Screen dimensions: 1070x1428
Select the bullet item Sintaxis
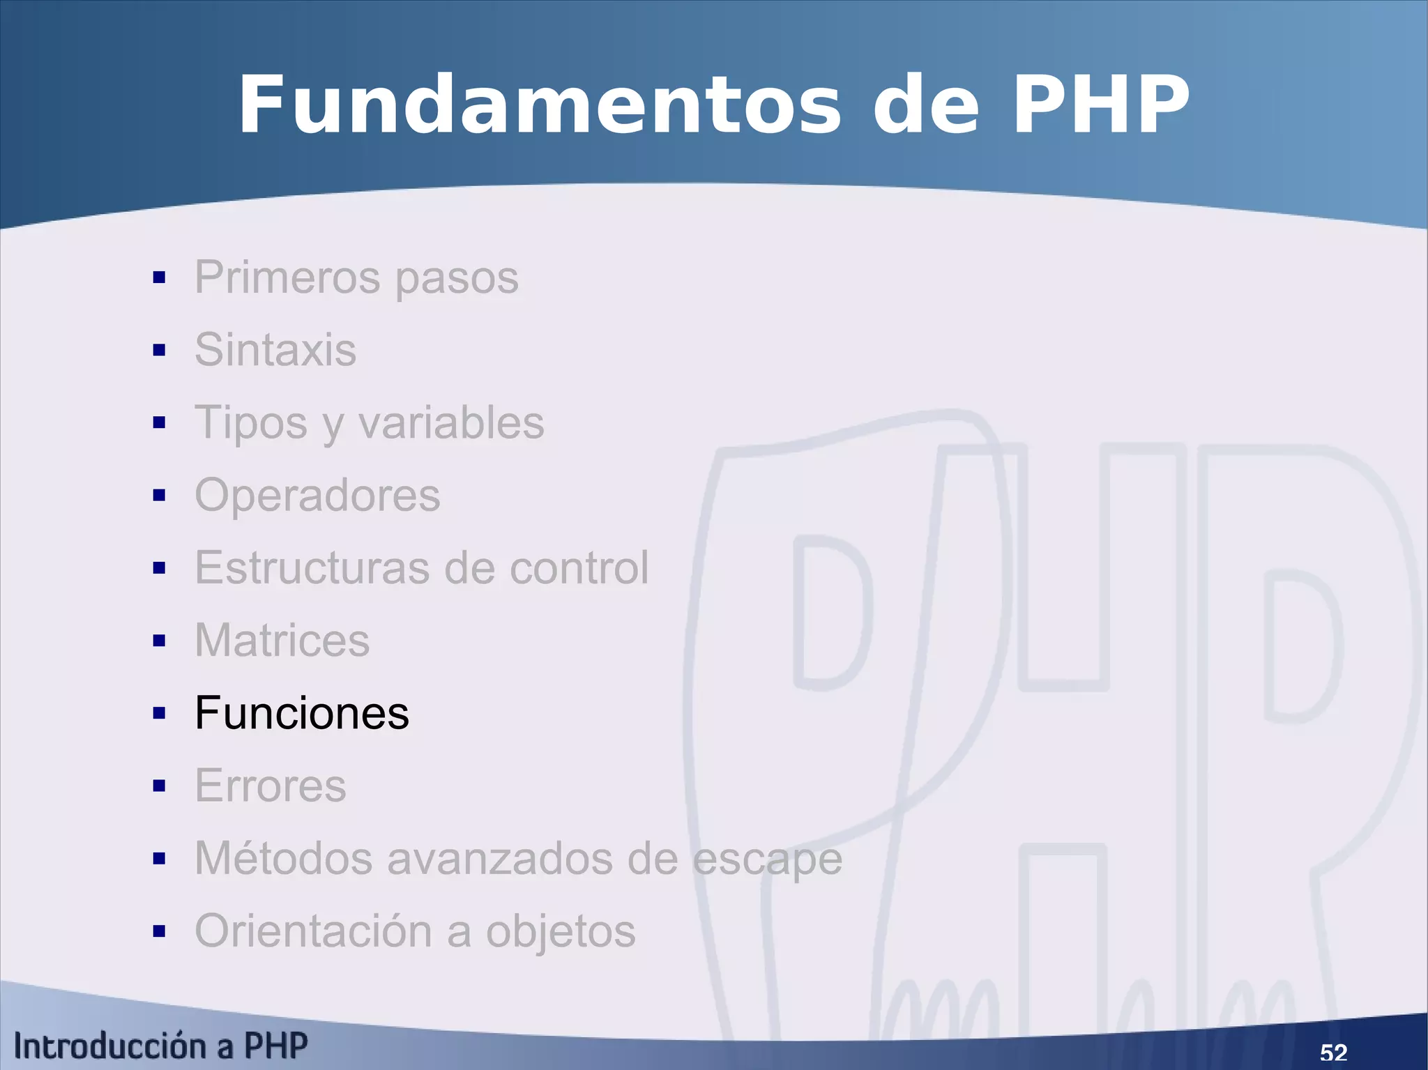[275, 349]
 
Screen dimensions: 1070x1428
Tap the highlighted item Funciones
[302, 713]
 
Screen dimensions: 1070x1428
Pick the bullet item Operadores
[317, 495]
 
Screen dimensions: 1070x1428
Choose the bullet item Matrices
[282, 640]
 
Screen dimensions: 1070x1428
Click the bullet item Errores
[271, 786]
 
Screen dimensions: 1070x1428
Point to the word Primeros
[287, 277]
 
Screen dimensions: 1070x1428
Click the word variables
[451, 422]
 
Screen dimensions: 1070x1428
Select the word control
[579, 567]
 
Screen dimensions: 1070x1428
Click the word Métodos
[283, 858]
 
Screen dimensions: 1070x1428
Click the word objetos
[561, 932]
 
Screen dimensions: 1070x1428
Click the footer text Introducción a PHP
[160, 1046]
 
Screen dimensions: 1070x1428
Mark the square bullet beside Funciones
[160, 713]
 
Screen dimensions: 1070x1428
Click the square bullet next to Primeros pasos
[160, 277]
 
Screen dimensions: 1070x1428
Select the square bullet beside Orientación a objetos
[160, 931]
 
